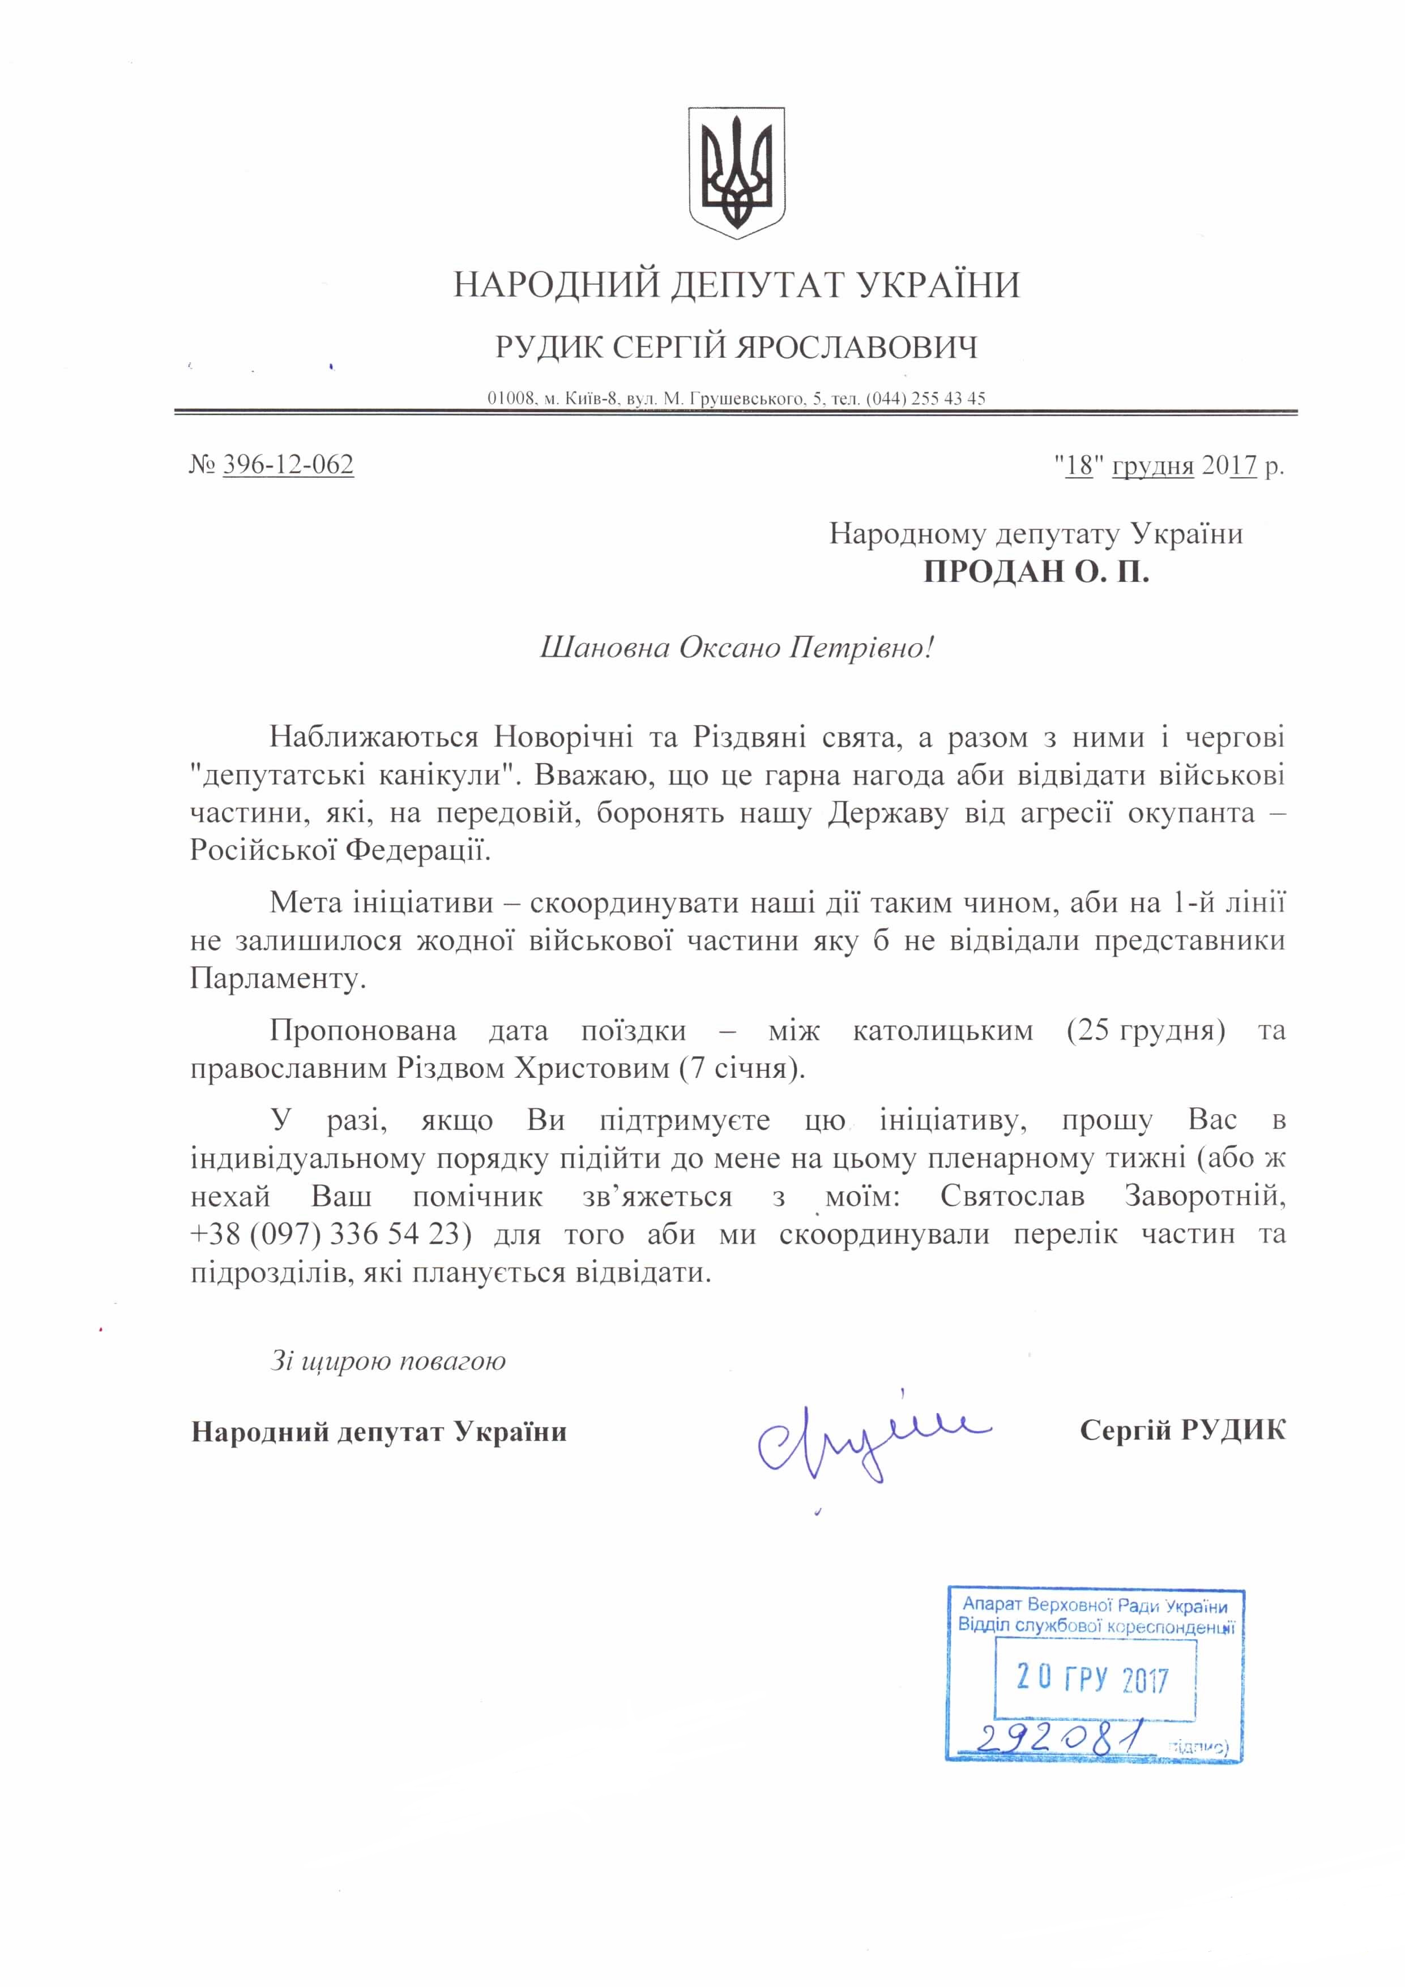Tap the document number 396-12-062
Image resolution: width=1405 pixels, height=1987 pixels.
[x=288, y=465]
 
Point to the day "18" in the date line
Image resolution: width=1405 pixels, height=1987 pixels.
[x=1081, y=465]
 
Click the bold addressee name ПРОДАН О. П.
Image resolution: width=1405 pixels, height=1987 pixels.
[x=1035, y=572]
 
